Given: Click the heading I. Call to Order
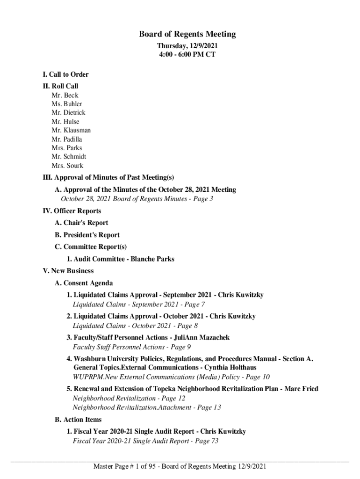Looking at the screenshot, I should pyautogui.click(x=65, y=74).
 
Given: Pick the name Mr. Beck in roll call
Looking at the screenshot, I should pyautogui.click(x=65, y=95).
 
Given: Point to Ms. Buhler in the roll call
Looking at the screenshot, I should pyautogui.click(x=67, y=104).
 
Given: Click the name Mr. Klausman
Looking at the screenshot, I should pyautogui.click(x=71, y=130).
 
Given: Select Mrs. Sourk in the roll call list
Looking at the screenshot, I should pyautogui.click(x=67, y=166).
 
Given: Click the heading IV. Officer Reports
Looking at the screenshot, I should pyautogui.click(x=72, y=211).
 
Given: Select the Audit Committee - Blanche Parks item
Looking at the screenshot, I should pyautogui.click(x=121, y=259).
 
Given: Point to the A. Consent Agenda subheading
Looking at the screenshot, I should pyautogui.click(x=84, y=283).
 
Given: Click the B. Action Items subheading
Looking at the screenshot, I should pyautogui.click(x=78, y=420).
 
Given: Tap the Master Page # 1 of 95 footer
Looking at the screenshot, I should pyautogui.click(x=180, y=466).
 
